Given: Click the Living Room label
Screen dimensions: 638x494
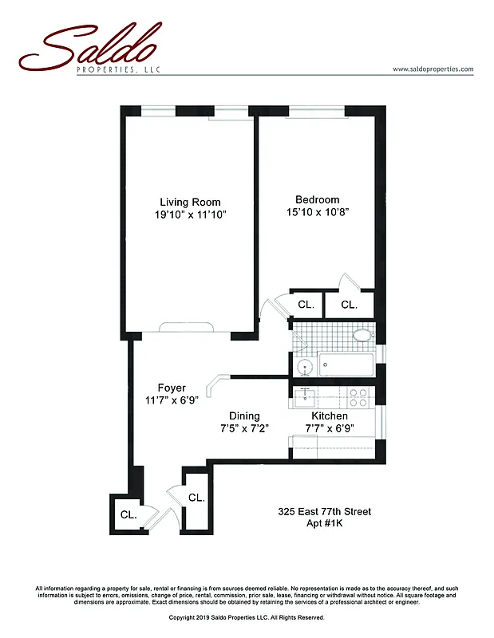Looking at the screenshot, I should click(190, 202).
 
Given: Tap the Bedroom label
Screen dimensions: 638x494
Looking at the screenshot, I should click(317, 199).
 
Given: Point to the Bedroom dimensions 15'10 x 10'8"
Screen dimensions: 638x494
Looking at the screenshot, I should click(317, 212).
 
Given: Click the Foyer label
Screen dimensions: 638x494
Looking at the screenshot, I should click(172, 388).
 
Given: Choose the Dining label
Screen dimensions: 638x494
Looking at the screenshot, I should click(244, 415).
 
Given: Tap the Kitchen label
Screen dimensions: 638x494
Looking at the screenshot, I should click(329, 415).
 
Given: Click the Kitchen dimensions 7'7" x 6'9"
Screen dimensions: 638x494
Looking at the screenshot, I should click(329, 428).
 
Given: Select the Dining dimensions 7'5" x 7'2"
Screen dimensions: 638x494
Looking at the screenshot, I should click(244, 428).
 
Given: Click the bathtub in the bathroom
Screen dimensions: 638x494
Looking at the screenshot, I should click(346, 366).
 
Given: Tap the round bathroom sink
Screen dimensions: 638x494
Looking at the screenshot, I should click(303, 367).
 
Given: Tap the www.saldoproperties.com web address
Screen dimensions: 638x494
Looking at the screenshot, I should click(433, 69).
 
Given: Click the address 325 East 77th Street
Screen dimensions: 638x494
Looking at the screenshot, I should click(324, 511).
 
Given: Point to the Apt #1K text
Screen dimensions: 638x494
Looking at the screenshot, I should click(324, 523).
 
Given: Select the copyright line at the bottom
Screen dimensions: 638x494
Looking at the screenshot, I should click(247, 617).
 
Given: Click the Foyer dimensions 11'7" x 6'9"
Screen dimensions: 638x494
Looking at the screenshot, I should click(172, 400).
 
